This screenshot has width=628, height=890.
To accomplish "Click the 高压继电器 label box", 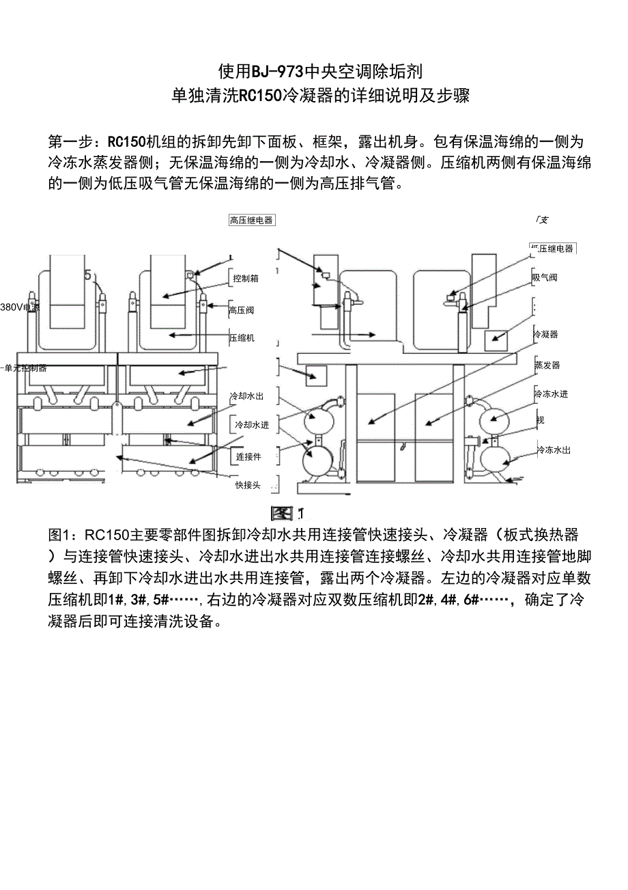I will click(251, 220).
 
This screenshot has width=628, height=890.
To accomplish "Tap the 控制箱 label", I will click(245, 279).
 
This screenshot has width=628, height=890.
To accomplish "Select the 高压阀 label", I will click(242, 310).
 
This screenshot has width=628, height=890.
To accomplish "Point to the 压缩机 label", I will click(242, 338).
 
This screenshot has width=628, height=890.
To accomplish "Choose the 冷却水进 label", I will click(252, 425).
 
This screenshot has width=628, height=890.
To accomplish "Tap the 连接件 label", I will click(248, 456).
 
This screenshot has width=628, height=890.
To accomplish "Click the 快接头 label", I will click(248, 485).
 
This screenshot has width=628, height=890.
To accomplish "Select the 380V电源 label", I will click(20, 308).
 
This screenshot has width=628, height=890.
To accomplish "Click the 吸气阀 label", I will click(545, 278).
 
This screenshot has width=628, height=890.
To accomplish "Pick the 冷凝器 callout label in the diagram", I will click(545, 335).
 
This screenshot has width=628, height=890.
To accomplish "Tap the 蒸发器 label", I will click(547, 365).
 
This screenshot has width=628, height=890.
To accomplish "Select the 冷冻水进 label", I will click(552, 394).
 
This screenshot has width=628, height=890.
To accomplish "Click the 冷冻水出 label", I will click(553, 450).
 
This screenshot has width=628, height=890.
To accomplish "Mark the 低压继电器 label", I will click(552, 249).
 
